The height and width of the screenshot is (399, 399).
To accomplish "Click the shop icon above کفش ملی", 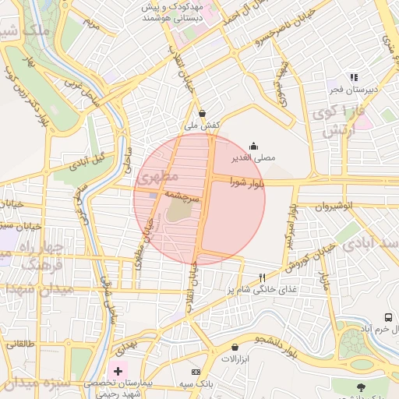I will click(203, 113).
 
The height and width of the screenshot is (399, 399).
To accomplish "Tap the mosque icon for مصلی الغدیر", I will click(253, 146).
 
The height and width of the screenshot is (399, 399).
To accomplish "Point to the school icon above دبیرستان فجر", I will click(353, 77).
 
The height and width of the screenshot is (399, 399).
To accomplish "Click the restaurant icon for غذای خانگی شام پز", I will click(263, 277).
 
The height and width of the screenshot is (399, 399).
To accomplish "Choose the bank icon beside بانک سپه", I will click(196, 372).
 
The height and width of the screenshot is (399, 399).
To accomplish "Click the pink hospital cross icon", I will click(118, 369).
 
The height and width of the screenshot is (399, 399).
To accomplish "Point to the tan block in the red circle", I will click(178, 209).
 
